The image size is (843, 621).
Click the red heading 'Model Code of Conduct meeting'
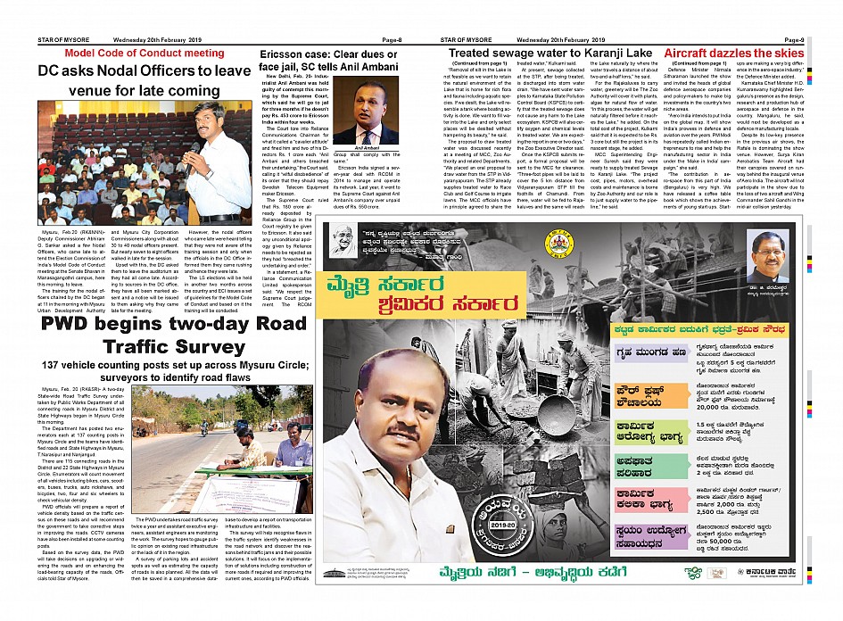click(132, 54)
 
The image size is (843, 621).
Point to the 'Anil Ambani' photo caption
click(367, 148)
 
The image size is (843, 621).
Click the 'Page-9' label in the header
click(795, 40)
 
